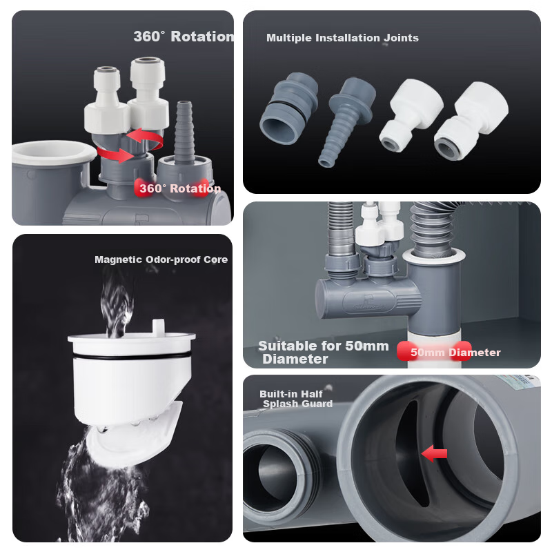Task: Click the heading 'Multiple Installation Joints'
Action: pos(342,38)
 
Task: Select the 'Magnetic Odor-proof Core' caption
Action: pos(161,259)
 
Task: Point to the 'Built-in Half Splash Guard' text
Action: pos(296,399)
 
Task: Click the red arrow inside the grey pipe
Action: pos(434,453)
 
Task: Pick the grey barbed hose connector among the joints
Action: pos(346,121)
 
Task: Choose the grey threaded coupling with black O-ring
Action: pos(288,108)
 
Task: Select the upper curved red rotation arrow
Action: pos(145,139)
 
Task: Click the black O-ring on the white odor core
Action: pos(132,356)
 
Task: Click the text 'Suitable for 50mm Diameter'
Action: pos(324,352)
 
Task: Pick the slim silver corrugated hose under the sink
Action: pos(340,229)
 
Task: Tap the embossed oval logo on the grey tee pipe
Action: pos(368,302)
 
